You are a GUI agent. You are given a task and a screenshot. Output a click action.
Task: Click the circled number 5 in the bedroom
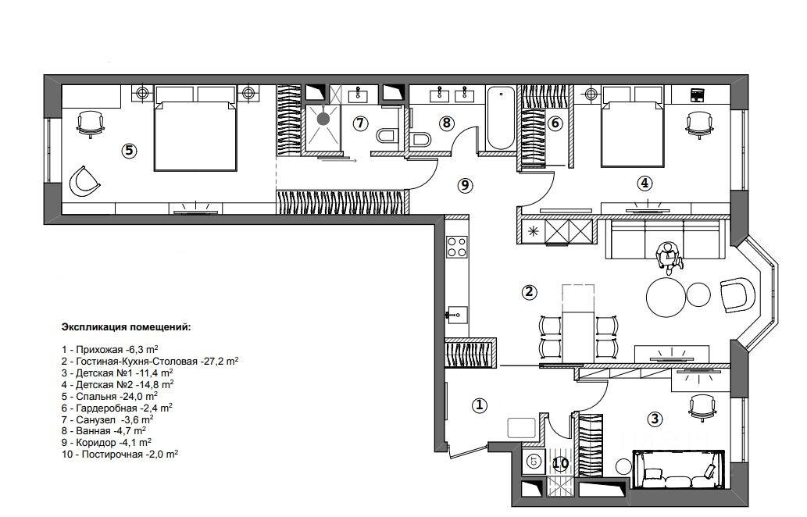129,151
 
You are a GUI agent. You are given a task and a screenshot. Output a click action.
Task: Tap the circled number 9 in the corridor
465,185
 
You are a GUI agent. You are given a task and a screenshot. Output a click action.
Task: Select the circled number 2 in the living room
529,292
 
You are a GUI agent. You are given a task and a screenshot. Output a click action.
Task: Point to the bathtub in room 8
501,118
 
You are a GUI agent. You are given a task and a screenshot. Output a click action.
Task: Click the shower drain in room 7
323,119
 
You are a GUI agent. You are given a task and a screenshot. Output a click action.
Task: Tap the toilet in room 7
385,136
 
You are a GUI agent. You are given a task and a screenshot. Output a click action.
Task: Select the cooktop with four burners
456,247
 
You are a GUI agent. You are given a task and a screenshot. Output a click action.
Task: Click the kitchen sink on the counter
456,314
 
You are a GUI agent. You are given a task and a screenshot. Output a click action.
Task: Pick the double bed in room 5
195,129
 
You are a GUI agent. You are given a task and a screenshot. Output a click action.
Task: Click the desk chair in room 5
90,124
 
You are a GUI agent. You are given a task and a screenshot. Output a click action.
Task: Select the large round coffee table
666,297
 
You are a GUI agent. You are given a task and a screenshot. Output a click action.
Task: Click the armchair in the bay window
737,294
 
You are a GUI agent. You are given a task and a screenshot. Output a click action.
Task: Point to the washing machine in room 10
534,462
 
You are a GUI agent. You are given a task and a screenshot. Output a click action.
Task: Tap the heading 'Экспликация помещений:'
126,326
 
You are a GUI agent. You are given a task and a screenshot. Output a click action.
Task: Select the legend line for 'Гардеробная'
117,408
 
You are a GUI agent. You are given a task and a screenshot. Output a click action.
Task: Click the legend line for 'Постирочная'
120,455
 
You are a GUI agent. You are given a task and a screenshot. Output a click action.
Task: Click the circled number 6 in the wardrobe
555,123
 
